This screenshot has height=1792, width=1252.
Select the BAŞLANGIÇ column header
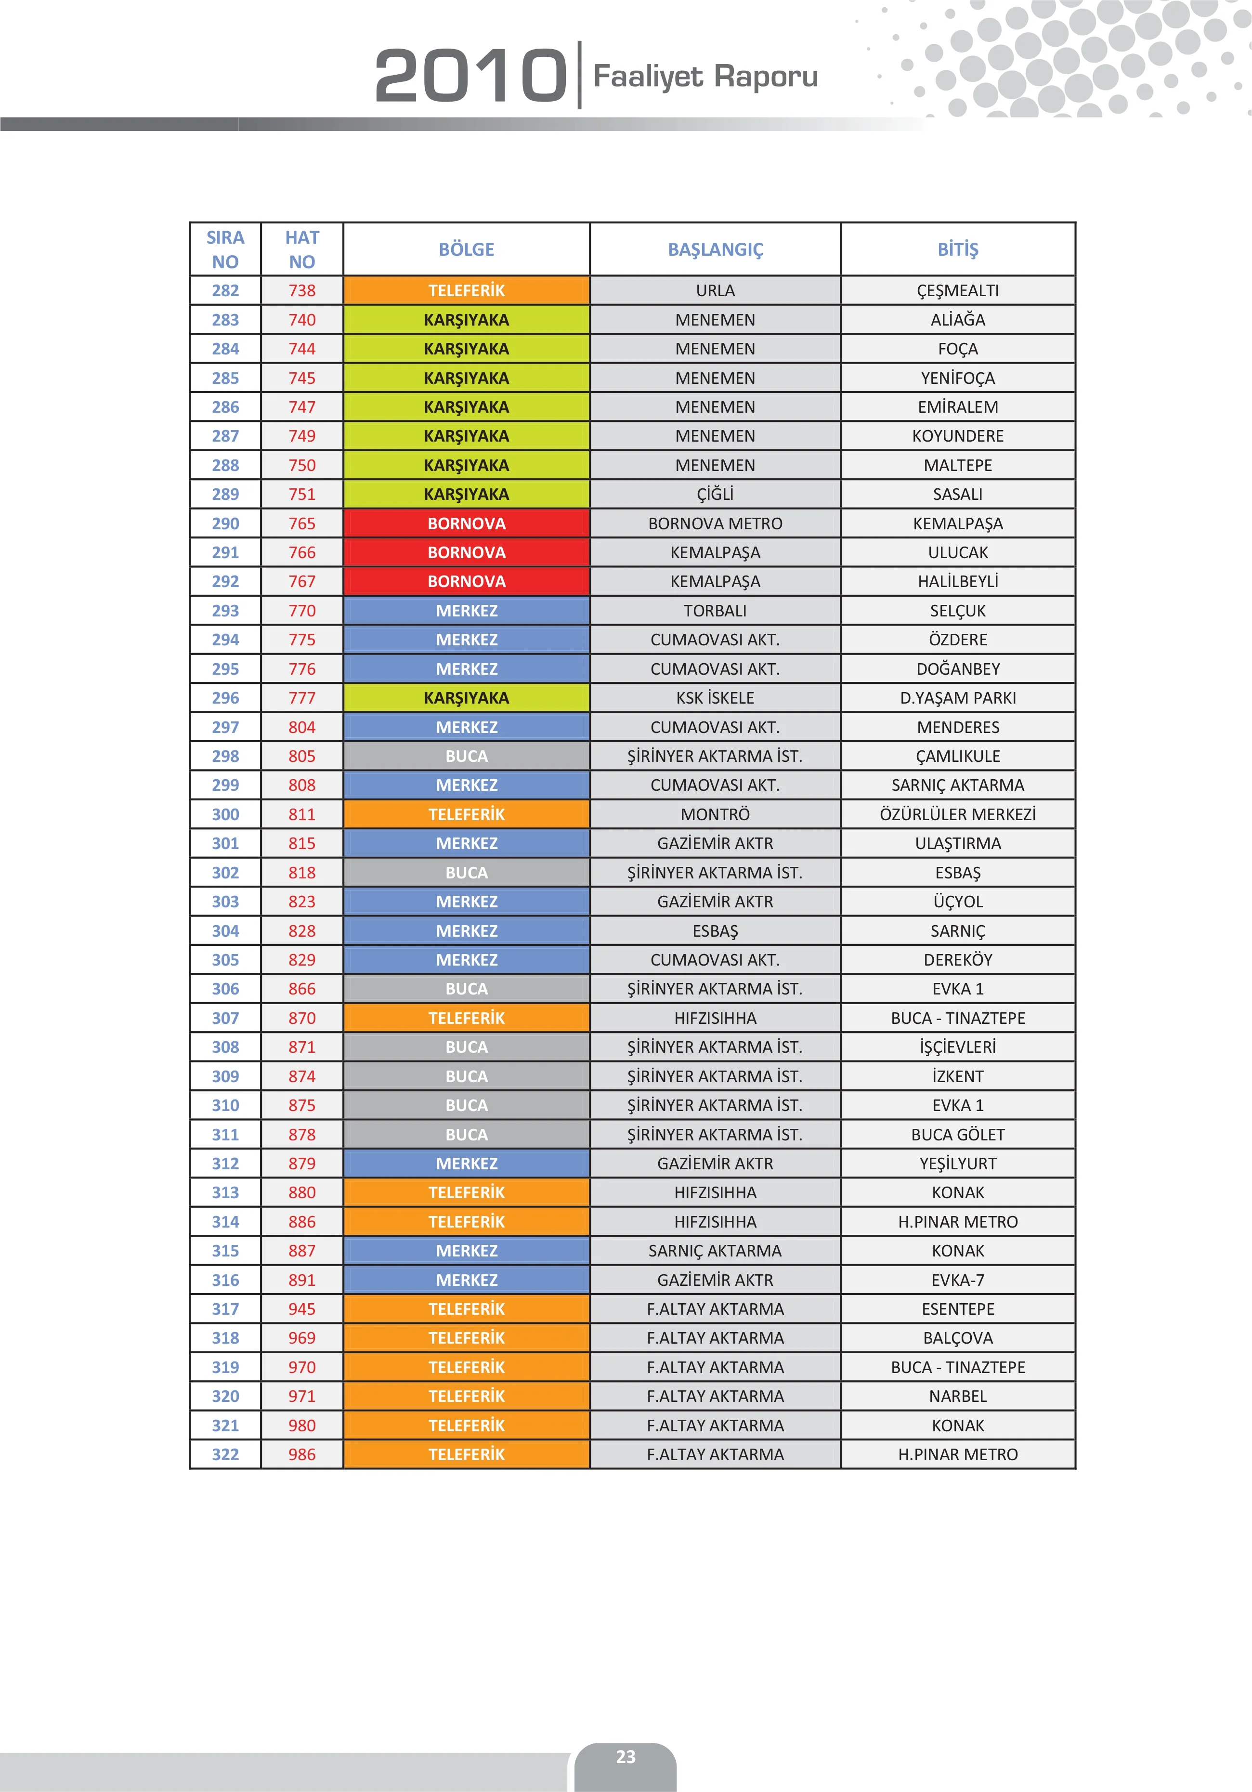(x=715, y=250)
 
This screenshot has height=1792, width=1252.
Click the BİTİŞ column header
(x=958, y=250)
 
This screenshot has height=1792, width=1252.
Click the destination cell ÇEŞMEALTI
(x=958, y=290)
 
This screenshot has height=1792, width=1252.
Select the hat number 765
(x=302, y=523)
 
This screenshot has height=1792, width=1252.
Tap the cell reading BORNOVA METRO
(x=715, y=523)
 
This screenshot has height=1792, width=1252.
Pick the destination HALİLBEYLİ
(x=958, y=581)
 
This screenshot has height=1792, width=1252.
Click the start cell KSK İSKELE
(x=715, y=698)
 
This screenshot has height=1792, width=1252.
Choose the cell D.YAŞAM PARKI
(x=958, y=698)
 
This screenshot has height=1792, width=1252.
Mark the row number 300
(x=225, y=814)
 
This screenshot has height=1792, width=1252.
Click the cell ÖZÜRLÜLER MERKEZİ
(x=958, y=814)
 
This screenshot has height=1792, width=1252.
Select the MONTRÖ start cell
(x=715, y=814)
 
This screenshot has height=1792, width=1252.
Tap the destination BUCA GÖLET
(x=958, y=1135)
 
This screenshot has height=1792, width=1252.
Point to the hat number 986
(x=302, y=1454)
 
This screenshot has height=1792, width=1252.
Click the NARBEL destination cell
(x=958, y=1396)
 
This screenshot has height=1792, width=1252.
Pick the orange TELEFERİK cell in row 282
(x=467, y=290)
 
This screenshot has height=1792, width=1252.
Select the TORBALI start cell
(x=715, y=610)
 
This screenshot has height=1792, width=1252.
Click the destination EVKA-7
(x=958, y=1280)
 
